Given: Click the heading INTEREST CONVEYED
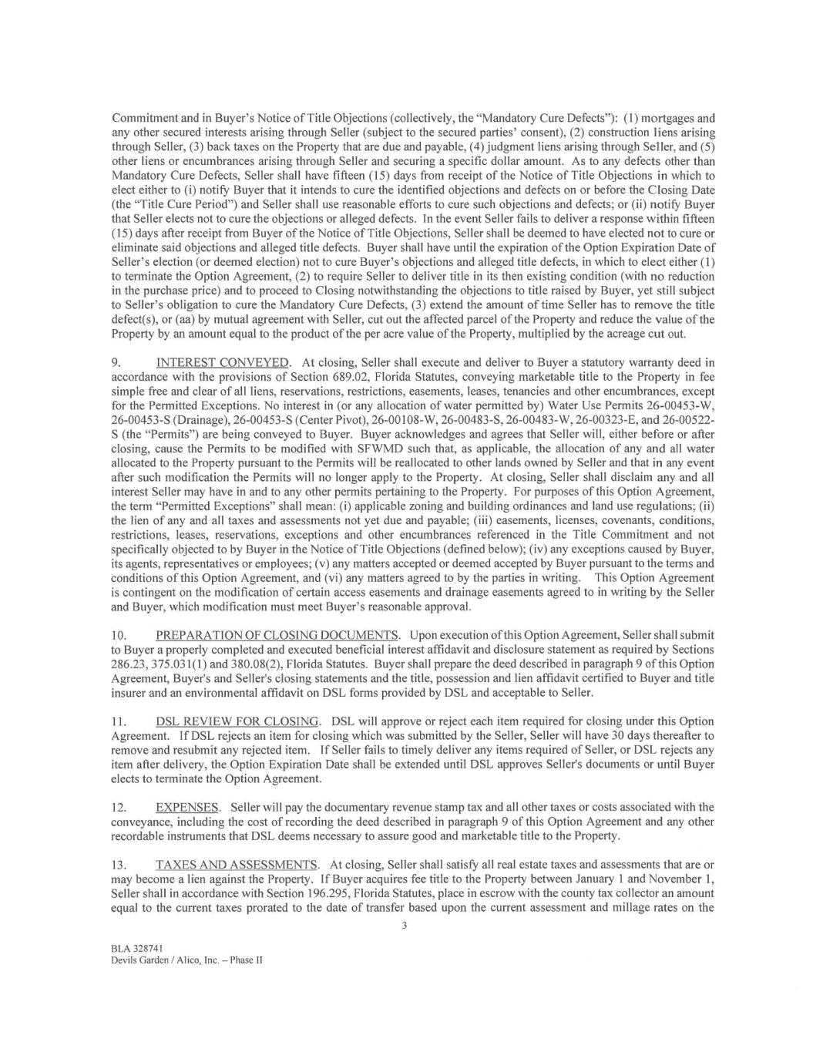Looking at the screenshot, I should [223, 362].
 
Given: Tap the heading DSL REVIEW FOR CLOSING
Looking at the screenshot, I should [237, 721].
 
